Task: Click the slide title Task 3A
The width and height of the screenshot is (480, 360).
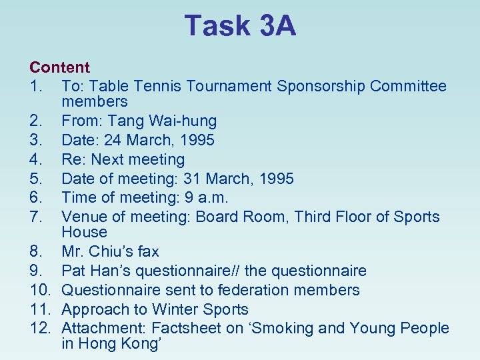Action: coord(240,26)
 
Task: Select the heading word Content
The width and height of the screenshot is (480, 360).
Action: coord(59,67)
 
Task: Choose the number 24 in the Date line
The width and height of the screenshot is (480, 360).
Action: coord(106,141)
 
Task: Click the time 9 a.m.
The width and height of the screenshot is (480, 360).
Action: coord(207,198)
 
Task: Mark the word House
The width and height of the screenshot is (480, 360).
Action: coord(84,233)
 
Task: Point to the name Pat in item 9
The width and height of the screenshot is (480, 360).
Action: coord(73,271)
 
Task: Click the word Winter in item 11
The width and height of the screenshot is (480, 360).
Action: coord(174,310)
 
